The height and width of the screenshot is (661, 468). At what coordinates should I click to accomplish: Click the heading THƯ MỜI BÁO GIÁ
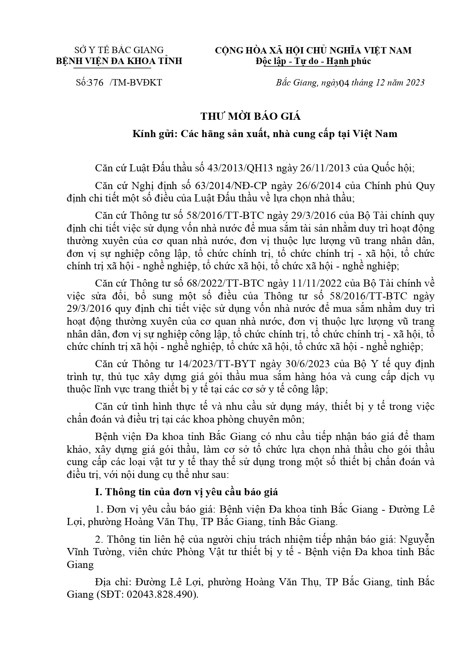[250, 116]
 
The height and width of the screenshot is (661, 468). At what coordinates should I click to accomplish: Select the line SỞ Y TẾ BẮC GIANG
[119, 50]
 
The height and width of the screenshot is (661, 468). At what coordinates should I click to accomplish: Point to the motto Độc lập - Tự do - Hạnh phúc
[313, 61]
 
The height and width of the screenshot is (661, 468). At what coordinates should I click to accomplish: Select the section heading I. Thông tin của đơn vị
[192, 492]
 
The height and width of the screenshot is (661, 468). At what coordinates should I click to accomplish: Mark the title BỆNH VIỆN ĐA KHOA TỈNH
[119, 61]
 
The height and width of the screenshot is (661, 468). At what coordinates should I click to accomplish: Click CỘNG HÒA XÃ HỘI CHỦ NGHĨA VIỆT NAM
[313, 50]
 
